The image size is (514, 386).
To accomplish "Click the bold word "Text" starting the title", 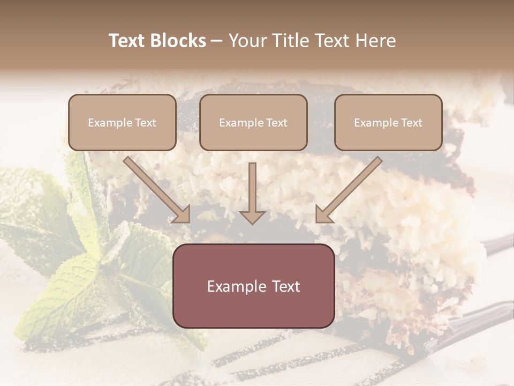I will tap(126, 41).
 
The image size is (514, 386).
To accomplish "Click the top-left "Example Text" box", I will tap(122, 122).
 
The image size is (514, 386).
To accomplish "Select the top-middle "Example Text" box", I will tap(253, 122).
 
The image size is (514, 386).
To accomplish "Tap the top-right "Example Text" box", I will tap(388, 122).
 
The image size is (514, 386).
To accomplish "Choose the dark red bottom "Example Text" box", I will tap(253, 286).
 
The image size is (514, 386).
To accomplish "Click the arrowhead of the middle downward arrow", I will tap(253, 216).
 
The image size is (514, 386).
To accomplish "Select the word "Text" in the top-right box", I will tap(412, 123).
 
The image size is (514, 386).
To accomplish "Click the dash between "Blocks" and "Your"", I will tap(217, 41).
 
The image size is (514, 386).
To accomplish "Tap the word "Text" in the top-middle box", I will tap(277, 123).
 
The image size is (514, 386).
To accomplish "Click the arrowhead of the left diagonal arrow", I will tap(182, 213).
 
